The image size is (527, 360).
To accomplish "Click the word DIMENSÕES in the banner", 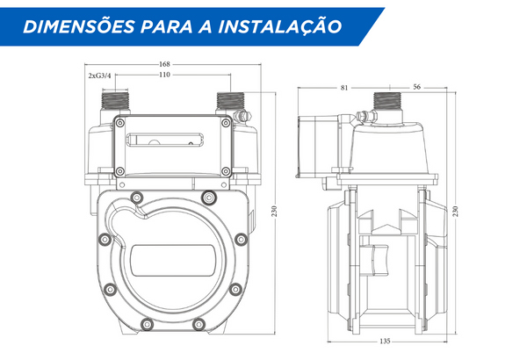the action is coord(79,26).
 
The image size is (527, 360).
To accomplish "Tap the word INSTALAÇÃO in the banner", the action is coord(280,26).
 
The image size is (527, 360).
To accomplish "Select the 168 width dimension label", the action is coord(164,64).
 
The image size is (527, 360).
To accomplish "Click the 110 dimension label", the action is coord(164,75).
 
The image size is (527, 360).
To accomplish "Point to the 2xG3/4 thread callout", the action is coord(99,76).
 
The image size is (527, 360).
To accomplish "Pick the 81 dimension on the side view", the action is coord(344,88).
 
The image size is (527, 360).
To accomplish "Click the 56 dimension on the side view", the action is coord(416,87).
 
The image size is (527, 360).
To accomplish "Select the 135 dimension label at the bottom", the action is coord(386,342).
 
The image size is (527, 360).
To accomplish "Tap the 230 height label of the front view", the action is coord(275,211).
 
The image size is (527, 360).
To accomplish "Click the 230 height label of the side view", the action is coord(455,211).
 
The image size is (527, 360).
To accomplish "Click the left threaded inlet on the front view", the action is coord(115,100).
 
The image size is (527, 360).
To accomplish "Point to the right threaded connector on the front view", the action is coord(230,100).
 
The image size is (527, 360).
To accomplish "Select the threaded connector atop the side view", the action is coord(387,100).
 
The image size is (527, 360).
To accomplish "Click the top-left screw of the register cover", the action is coord(120,123).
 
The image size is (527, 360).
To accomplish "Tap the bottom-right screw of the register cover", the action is coord(227,171).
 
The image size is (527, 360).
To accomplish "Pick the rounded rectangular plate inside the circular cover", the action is coord(173,260).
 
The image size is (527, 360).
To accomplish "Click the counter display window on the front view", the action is coord(165,140).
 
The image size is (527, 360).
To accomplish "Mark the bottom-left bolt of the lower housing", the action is coord(147,324).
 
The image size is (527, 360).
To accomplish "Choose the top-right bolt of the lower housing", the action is coord(209,197).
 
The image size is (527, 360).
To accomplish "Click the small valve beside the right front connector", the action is coord(242,115).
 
